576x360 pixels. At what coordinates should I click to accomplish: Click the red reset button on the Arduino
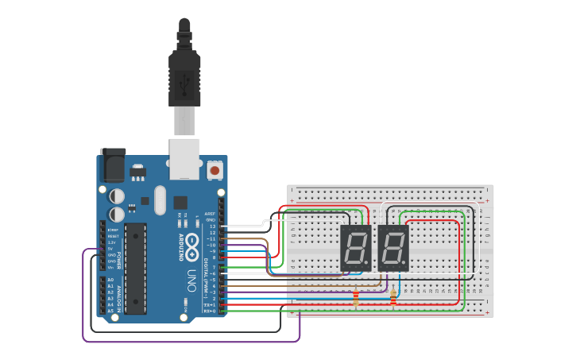pyautogui.click(x=214, y=169)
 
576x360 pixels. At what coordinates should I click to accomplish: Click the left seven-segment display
pyautogui.click(x=355, y=248)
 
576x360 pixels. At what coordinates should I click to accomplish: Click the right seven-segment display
pyautogui.click(x=392, y=248)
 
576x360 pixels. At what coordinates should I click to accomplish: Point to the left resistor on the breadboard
pyautogui.click(x=355, y=298)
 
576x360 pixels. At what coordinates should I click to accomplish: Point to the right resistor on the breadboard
pyautogui.click(x=393, y=297)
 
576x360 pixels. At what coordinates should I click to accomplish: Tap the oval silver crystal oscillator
pyautogui.click(x=160, y=199)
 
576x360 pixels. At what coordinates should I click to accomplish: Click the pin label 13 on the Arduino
pyautogui.click(x=212, y=226)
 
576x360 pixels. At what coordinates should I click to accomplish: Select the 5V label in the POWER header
pyautogui.click(x=112, y=249)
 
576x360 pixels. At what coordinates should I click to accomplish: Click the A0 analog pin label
pyautogui.click(x=110, y=281)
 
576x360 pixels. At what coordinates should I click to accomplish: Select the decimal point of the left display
pyautogui.click(x=367, y=265)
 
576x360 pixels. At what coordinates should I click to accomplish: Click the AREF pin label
pyautogui.click(x=210, y=214)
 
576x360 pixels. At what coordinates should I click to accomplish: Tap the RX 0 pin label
pyautogui.click(x=210, y=311)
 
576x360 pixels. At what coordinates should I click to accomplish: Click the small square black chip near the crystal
pyautogui.click(x=180, y=202)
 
